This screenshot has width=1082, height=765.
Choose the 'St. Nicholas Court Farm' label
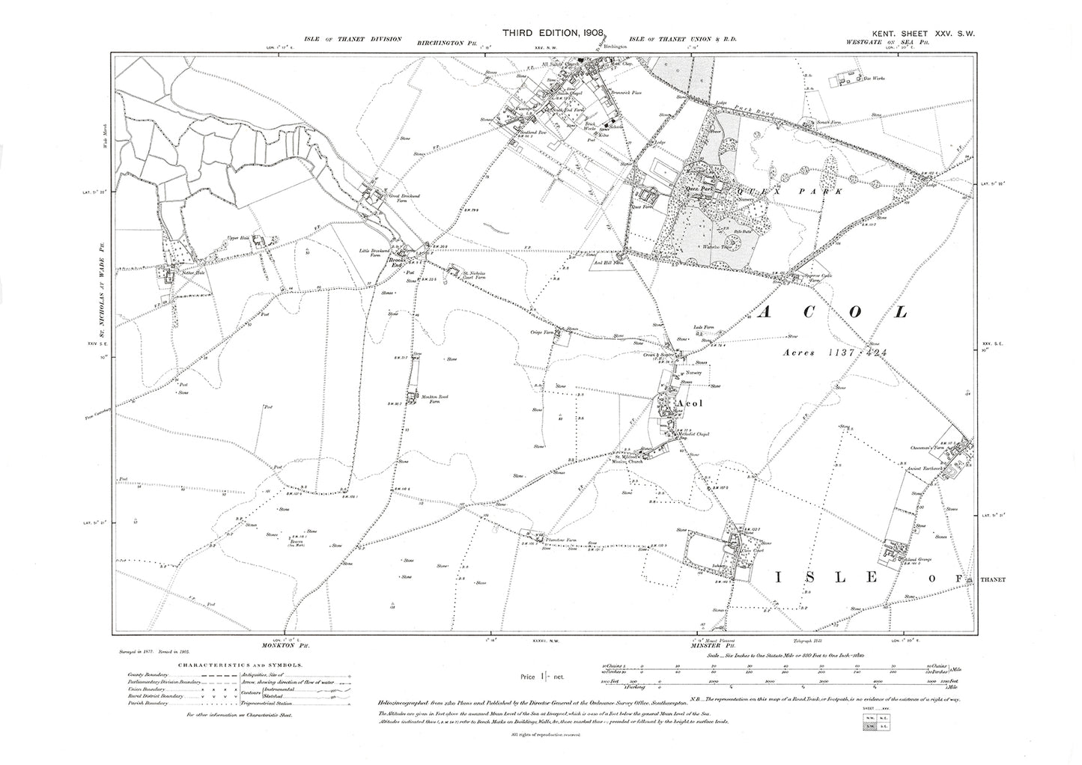pyautogui.click(x=475, y=275)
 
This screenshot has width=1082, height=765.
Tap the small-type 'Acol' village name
pyautogui.click(x=687, y=403)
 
